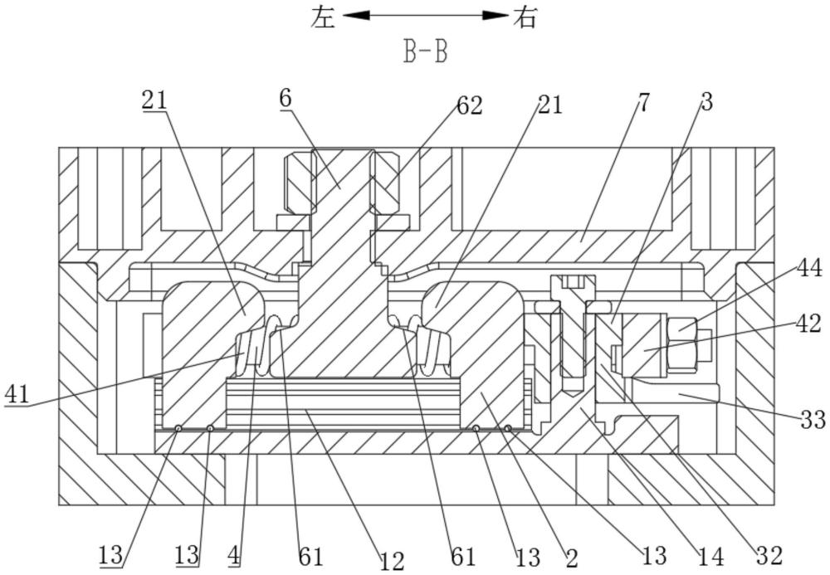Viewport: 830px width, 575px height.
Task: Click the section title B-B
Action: coord(426,53)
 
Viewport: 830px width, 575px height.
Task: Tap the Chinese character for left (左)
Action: coord(324,17)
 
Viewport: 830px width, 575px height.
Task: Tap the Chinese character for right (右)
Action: coord(525,17)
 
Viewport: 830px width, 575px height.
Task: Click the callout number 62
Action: coord(470,106)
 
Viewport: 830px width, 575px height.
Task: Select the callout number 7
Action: coord(643,103)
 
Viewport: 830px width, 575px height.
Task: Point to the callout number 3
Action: coord(706,102)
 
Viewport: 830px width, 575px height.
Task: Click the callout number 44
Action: coord(809,269)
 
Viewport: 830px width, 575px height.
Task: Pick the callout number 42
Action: coord(808,324)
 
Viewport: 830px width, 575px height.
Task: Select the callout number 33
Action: coord(813,420)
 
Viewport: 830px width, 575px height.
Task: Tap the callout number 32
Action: coord(769,555)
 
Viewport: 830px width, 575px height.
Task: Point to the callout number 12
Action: coord(393,561)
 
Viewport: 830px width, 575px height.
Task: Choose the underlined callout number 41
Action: coord(17,395)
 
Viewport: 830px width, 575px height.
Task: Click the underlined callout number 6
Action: coord(286,99)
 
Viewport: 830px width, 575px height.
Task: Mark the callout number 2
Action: coord(572,558)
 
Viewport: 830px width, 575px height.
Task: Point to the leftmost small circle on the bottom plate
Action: coord(179,428)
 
